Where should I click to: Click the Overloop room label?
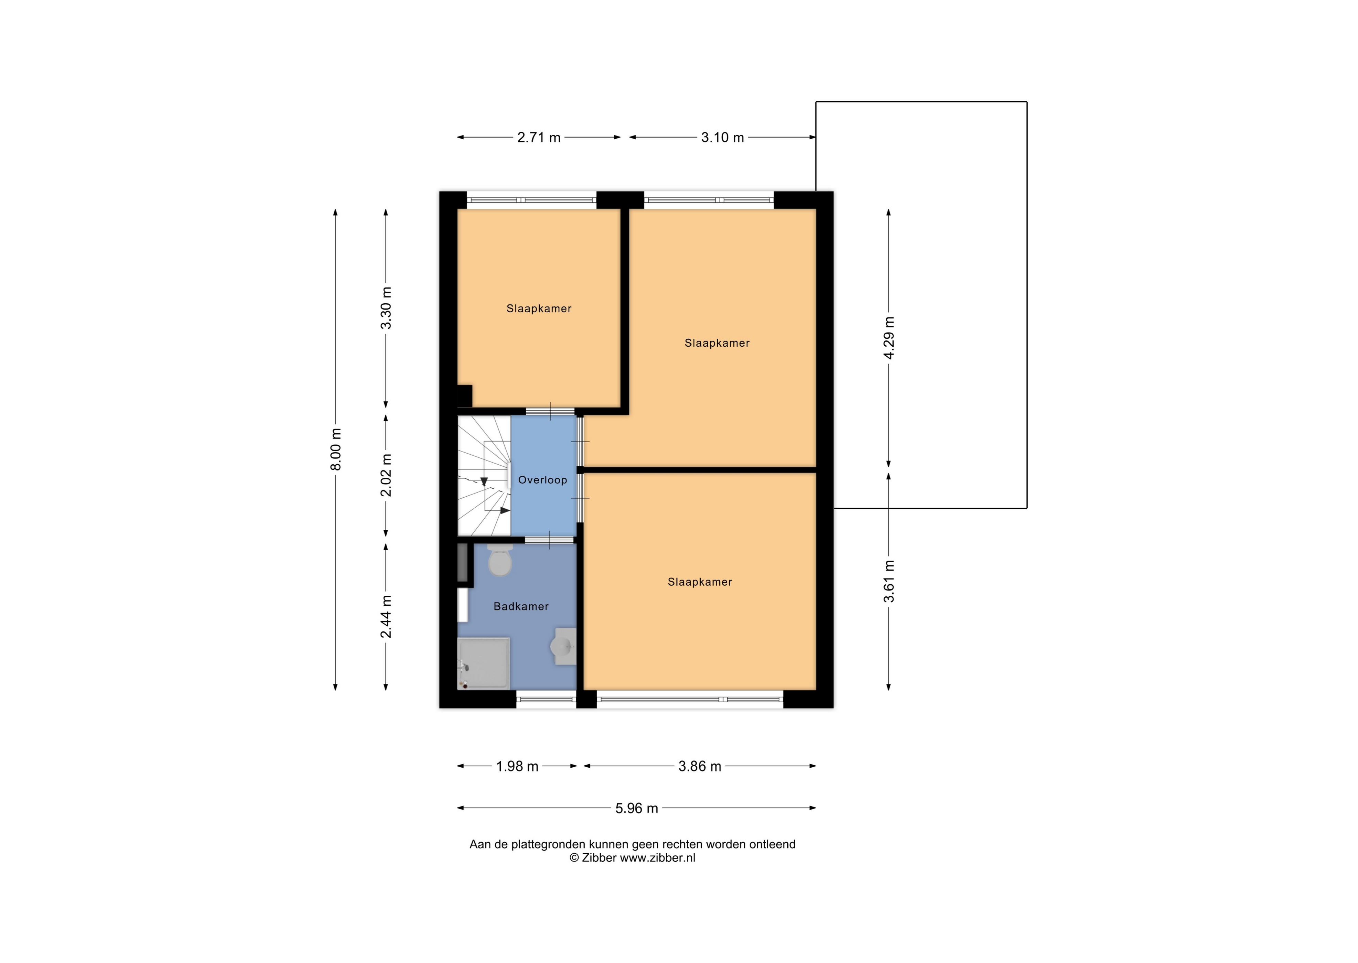(542, 480)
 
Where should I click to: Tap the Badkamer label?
(521, 606)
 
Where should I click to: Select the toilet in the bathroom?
(499, 559)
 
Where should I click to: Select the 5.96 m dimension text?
(636, 808)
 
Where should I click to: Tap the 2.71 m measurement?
(538, 138)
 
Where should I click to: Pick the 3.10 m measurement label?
(722, 138)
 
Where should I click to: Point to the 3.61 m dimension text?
(888, 581)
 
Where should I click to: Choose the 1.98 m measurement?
(517, 766)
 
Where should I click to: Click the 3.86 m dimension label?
(700, 766)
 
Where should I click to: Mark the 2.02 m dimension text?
(386, 476)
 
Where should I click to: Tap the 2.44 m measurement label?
(386, 617)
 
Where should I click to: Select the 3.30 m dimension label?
(386, 309)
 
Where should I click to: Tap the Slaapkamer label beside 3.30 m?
(538, 309)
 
